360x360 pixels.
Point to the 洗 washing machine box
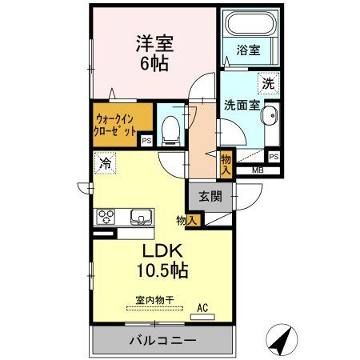[x=268, y=82]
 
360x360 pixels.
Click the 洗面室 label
[x=239, y=104]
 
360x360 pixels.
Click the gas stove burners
[x=106, y=216]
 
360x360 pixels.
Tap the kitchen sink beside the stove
[x=138, y=217]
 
